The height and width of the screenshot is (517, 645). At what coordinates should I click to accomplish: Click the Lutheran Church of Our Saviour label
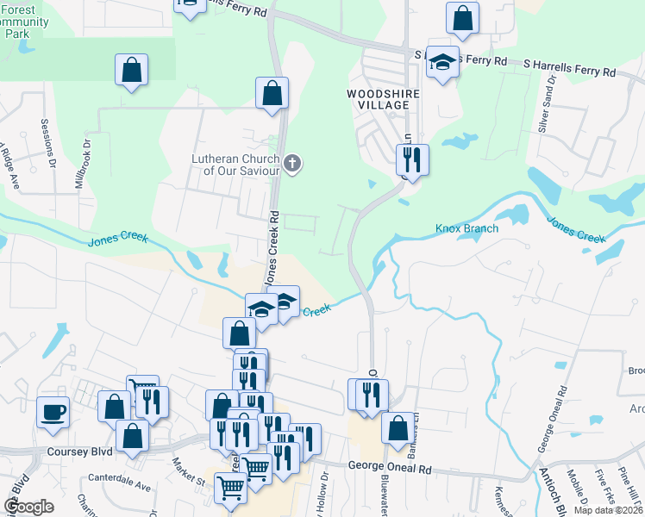click(235, 164)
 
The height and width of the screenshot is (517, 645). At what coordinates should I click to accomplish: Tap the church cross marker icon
click(292, 164)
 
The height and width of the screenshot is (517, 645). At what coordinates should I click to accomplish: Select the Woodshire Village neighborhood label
click(383, 98)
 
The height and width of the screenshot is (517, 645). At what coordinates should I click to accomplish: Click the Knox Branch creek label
click(467, 228)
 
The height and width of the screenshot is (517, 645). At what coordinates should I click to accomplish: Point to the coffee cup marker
click(53, 412)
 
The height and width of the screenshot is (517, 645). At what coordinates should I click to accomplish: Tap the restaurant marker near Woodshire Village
click(411, 159)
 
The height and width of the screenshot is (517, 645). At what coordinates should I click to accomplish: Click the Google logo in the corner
click(29, 506)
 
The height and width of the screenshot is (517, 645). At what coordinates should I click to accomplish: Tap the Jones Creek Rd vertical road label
click(271, 249)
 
